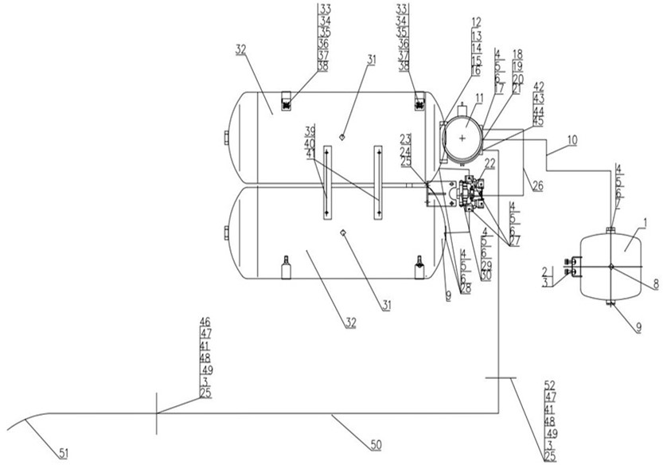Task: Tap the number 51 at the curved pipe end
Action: tap(64, 453)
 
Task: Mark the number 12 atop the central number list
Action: tap(475, 22)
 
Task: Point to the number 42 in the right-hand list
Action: tap(539, 86)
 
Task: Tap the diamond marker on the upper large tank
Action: tap(343, 135)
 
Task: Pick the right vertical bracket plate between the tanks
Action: tap(379, 182)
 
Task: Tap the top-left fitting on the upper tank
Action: tap(286, 101)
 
